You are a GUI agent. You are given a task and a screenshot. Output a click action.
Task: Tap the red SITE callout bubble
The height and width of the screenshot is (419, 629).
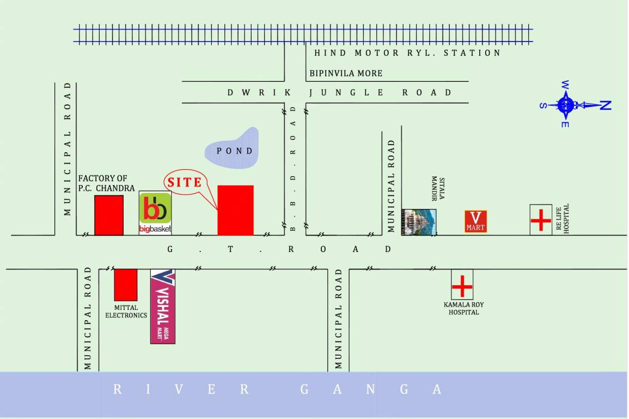click(185, 182)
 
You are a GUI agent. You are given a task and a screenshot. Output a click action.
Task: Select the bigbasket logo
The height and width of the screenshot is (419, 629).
click(155, 213)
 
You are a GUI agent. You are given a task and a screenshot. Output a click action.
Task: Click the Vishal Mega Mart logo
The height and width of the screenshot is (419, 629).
click(162, 306)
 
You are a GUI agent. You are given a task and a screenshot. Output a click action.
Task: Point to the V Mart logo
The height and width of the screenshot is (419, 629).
click(475, 222)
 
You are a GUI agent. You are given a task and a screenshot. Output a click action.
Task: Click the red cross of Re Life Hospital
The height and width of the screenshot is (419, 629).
click(541, 220)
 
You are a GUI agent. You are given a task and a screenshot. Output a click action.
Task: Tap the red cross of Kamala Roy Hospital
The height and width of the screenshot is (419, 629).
click(462, 285)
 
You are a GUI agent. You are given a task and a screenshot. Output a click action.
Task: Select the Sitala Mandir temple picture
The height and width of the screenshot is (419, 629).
click(419, 222)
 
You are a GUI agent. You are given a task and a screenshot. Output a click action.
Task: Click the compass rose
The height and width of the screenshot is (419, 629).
click(566, 104)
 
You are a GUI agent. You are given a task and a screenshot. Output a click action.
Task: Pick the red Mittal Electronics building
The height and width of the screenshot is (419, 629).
click(125, 284)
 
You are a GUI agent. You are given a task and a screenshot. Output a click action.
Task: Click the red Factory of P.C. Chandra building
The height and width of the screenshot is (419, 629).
click(109, 215)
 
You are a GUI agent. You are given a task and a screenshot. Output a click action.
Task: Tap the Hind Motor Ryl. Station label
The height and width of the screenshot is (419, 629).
click(407, 53)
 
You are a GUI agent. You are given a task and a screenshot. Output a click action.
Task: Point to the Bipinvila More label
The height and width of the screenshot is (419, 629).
click(346, 73)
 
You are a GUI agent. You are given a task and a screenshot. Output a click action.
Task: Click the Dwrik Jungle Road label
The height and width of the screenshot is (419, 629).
click(339, 93)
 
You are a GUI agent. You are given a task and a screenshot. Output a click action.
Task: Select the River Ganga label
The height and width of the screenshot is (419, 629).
click(278, 389)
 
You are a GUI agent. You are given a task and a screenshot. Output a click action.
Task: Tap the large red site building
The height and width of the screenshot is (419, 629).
click(235, 211)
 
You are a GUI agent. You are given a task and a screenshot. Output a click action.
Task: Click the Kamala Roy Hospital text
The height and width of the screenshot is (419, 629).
click(463, 308)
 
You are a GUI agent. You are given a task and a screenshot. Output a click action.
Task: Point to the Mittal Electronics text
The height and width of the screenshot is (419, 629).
click(126, 312)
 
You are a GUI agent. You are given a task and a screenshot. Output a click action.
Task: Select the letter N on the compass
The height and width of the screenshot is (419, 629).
click(605, 105)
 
